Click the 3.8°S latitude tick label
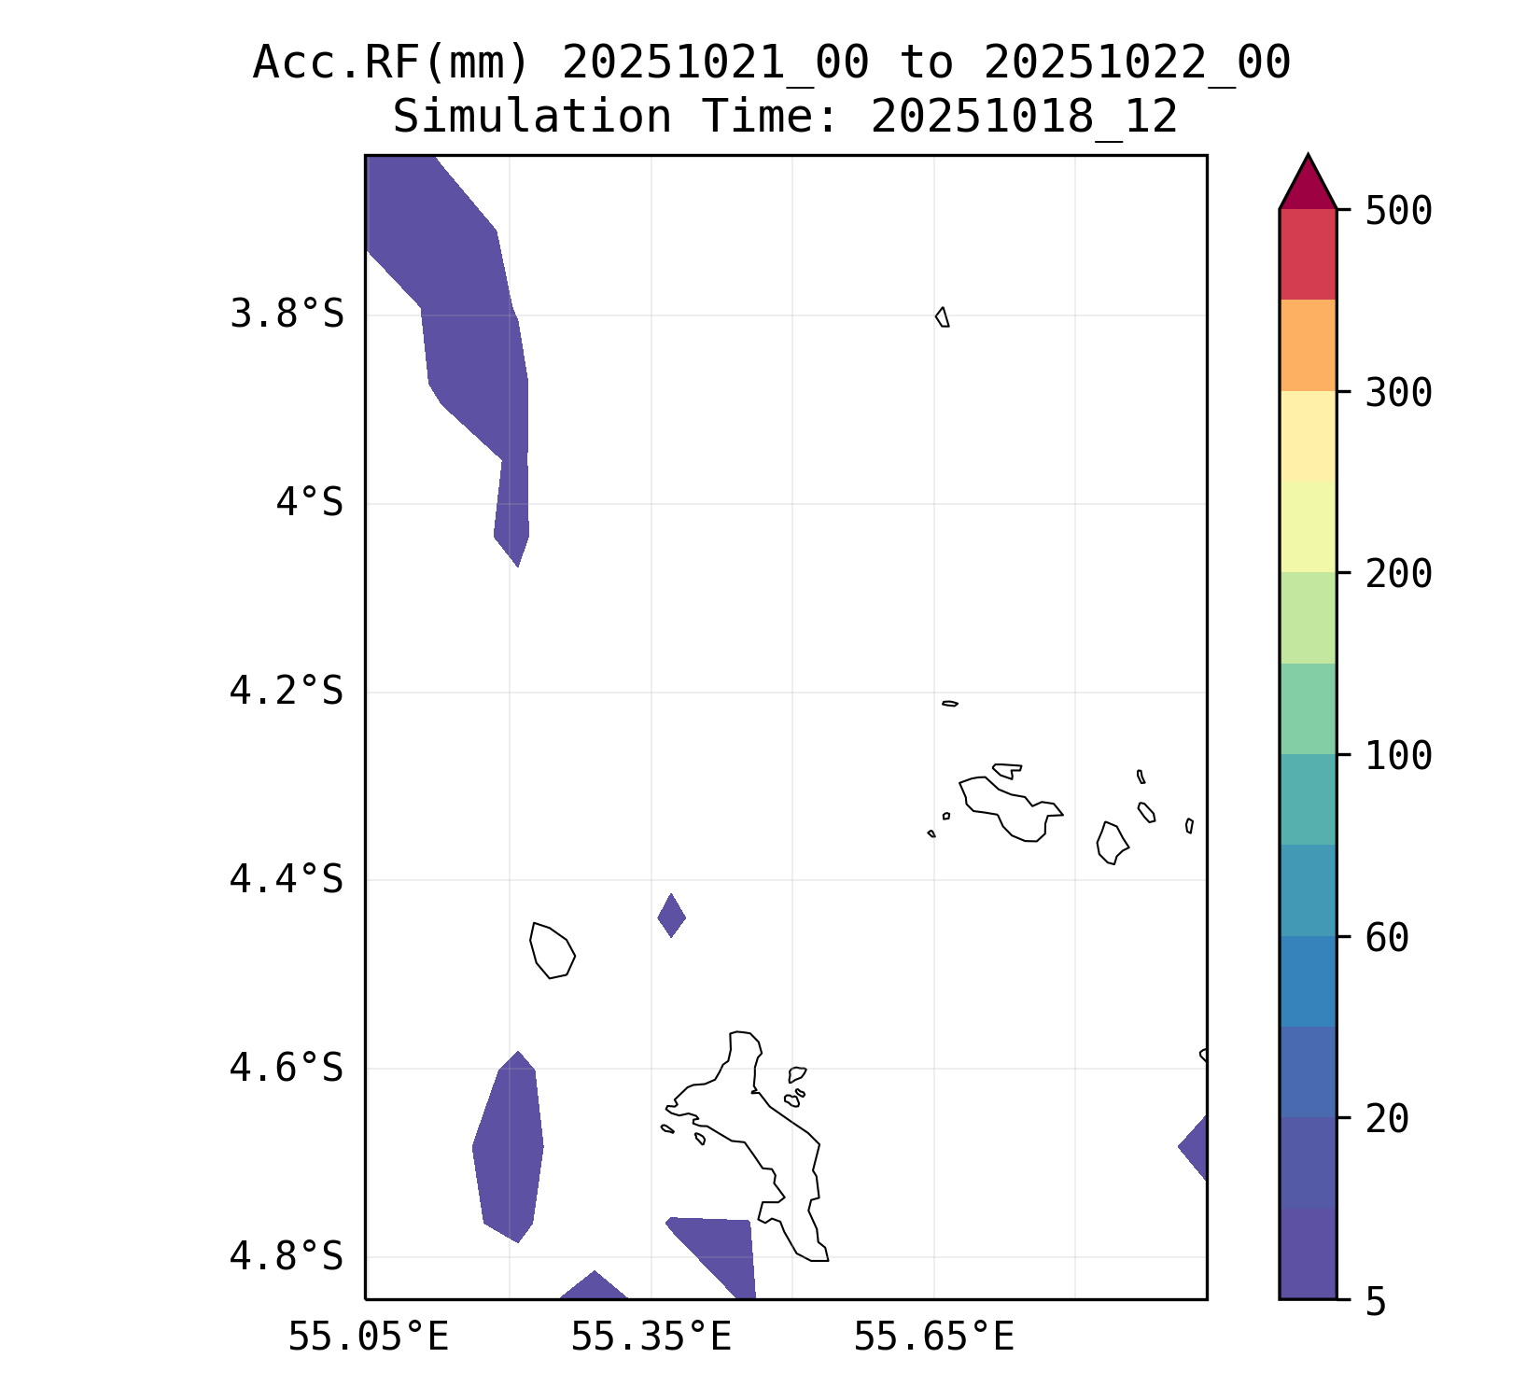click(x=287, y=315)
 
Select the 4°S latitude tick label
click(x=309, y=503)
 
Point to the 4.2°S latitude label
click(x=287, y=692)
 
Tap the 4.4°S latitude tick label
click(x=287, y=879)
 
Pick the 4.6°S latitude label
click(x=287, y=1068)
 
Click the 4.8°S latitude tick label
click(x=287, y=1256)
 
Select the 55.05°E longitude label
click(x=368, y=1337)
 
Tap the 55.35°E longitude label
click(x=651, y=1337)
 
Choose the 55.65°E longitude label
click(x=933, y=1337)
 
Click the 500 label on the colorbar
click(x=1398, y=211)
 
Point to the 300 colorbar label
click(x=1398, y=393)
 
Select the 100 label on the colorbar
click(x=1398, y=756)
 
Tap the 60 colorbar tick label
click(x=1387, y=937)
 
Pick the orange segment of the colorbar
click(x=1308, y=344)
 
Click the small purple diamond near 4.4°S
click(x=672, y=916)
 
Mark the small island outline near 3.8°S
click(x=943, y=317)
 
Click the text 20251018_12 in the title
click(x=1024, y=118)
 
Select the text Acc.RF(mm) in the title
click(x=392, y=63)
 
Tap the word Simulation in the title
click(x=531, y=118)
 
